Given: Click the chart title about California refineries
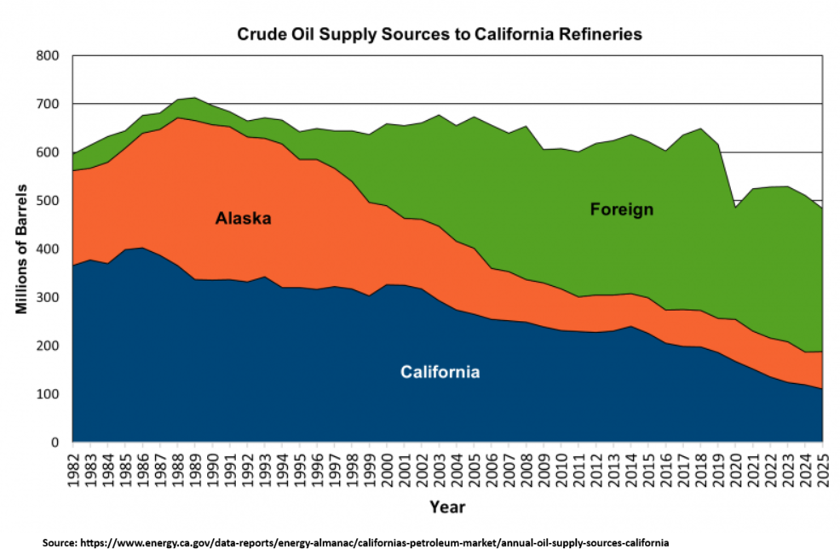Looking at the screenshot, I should (439, 35).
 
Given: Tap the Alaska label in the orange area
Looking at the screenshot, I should (243, 219).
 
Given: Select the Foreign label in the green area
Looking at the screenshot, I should (622, 209).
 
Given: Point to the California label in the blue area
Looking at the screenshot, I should (440, 372).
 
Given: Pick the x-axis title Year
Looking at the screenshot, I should (447, 507).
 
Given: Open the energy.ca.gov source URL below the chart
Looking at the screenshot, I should (375, 541).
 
